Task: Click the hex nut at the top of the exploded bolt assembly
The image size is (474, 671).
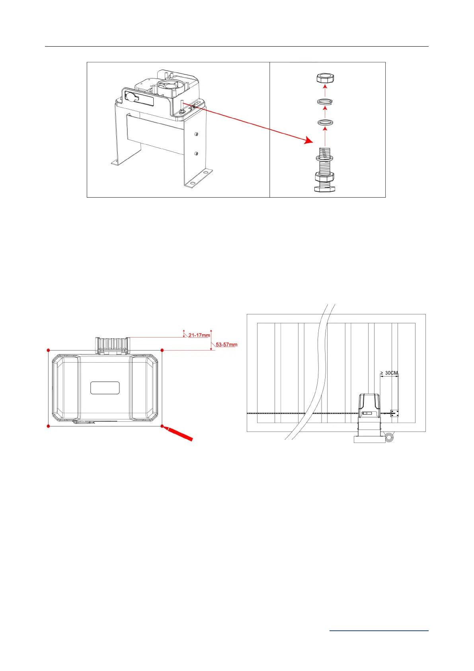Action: (x=325, y=78)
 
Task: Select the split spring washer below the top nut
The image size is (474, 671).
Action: (x=325, y=102)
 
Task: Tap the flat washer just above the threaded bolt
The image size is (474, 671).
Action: (x=325, y=122)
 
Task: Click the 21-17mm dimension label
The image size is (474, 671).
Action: (x=199, y=335)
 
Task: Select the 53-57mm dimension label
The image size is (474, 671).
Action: (x=226, y=345)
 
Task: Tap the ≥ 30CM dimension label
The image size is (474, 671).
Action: (x=389, y=373)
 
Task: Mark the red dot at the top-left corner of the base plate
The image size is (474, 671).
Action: (x=49, y=350)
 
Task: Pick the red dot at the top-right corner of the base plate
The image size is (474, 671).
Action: (x=162, y=350)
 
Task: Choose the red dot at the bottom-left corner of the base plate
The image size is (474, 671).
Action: (x=49, y=426)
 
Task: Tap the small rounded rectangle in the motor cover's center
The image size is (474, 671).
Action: (x=105, y=388)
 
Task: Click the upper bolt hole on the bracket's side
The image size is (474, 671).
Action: (x=197, y=134)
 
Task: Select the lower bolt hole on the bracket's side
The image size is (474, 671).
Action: (x=197, y=153)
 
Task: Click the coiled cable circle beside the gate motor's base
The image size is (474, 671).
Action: (x=390, y=437)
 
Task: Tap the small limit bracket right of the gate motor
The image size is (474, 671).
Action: (x=394, y=413)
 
